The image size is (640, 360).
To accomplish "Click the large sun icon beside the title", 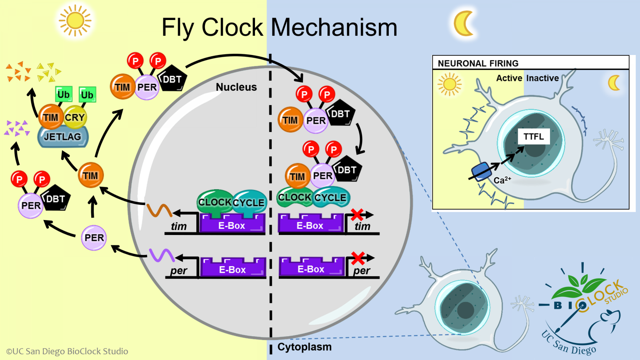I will click(75, 20).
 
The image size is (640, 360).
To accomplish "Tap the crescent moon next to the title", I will click(464, 23).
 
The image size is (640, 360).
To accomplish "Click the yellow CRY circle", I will click(75, 117).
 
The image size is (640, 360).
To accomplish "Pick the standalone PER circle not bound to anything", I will click(94, 238).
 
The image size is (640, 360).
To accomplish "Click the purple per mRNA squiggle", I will click(162, 255).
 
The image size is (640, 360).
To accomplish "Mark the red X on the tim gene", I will click(357, 215).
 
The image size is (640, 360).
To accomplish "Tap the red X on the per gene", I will click(357, 258).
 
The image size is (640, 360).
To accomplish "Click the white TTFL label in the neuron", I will click(533, 137).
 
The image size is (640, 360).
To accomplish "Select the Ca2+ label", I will click(502, 180).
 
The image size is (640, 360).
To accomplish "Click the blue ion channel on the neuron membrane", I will click(481, 171).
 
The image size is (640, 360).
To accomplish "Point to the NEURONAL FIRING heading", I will click(478, 63).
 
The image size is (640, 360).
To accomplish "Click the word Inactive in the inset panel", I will click(542, 78).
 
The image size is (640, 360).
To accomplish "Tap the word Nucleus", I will click(236, 87).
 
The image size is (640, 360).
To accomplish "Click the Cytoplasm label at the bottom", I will click(305, 347).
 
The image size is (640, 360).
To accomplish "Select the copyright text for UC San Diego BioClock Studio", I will click(67, 351).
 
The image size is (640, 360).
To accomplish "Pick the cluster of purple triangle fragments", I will click(17, 128).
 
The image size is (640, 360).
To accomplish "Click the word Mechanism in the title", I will click(334, 27).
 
